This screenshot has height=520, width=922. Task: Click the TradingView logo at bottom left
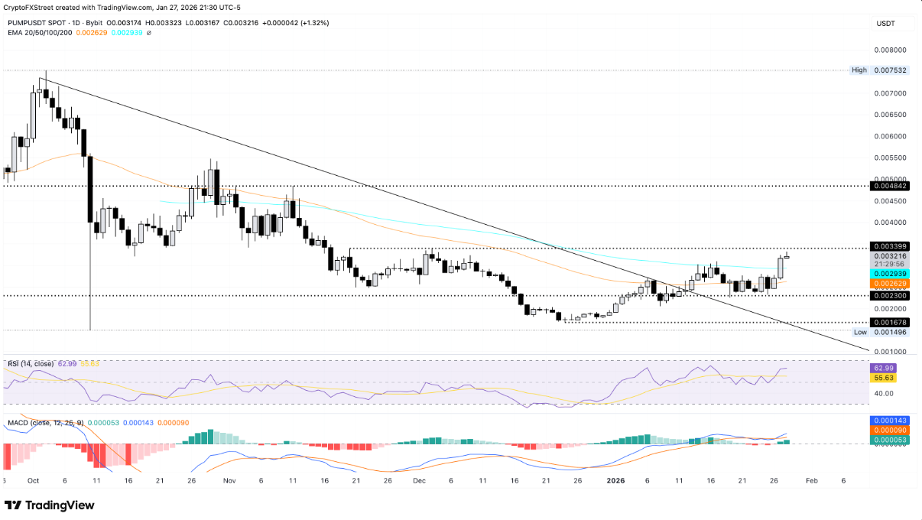[x=50, y=505]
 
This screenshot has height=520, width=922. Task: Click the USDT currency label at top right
[x=885, y=24]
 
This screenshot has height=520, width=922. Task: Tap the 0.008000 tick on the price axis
[x=890, y=50]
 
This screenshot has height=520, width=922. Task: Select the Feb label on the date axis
[x=811, y=481]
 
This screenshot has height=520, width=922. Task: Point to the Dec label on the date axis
[x=418, y=481]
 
